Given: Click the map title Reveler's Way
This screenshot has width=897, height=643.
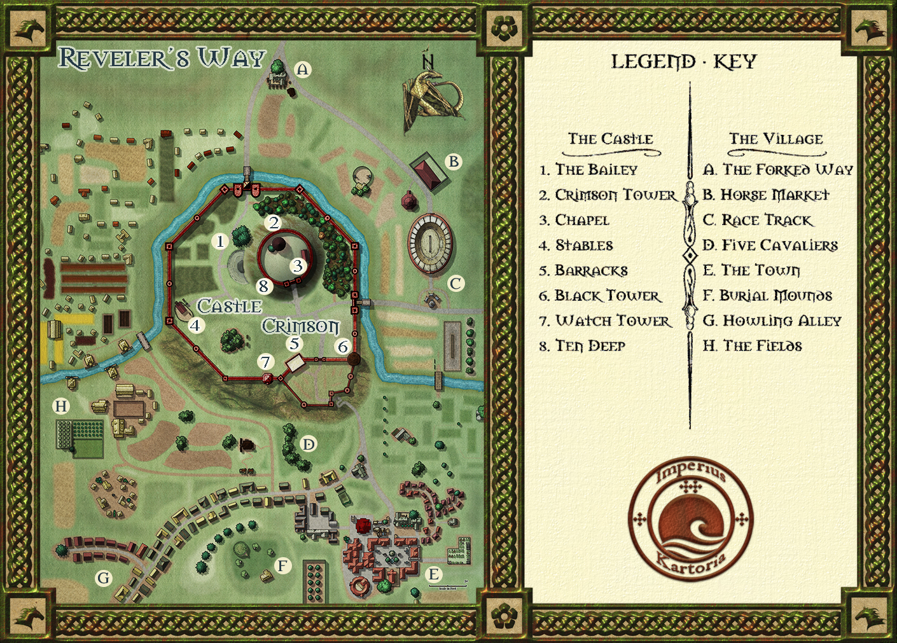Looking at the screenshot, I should coord(162,58).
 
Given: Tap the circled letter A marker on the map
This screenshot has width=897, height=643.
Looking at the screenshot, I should coord(303,69).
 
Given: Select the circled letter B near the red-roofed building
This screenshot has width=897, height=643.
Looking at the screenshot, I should coord(454,162).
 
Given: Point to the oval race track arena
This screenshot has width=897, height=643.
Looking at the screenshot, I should coord(431,242).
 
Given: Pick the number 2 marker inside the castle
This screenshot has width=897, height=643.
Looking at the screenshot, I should coord(274,222).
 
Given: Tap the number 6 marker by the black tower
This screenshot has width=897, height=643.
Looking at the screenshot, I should coord(343,347).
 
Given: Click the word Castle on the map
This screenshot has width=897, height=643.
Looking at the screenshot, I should coord(229,306).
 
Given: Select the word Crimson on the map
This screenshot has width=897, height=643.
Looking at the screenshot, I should coord(301,326).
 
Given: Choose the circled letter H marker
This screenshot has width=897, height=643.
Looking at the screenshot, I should coord(61,406).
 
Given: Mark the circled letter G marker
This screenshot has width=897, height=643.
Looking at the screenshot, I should coord(103,578).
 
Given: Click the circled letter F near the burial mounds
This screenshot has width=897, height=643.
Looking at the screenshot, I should coord(282,565).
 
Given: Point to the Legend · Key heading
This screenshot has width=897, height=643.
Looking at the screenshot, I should coord(684,62).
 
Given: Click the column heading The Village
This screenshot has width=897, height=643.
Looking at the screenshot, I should coord(775,139).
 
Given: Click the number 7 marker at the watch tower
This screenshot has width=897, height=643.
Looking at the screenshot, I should coord(265,362).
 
